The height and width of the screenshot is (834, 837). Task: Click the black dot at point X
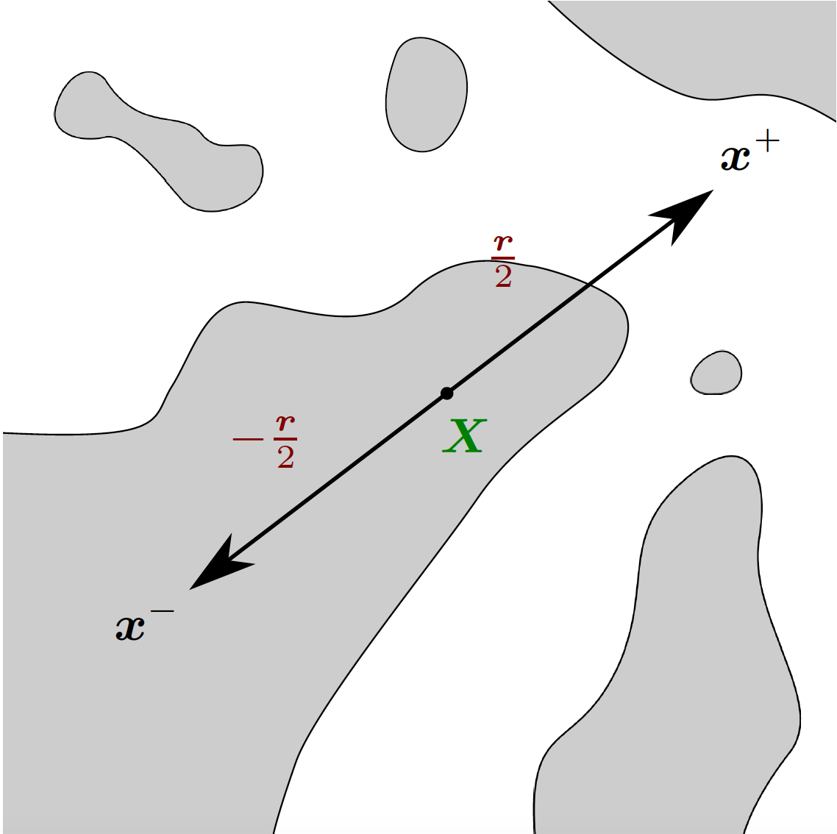[x=446, y=393]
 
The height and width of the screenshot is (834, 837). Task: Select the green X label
[x=465, y=435]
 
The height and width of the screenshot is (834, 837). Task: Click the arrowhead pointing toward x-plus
[x=684, y=213]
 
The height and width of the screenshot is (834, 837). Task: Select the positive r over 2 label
[x=503, y=261]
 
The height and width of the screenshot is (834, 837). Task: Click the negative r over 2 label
[x=265, y=442]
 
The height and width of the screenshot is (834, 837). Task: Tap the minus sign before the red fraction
[x=248, y=439]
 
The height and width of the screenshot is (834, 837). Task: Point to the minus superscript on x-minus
[x=163, y=611]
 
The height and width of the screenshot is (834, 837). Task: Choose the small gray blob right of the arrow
[x=716, y=373]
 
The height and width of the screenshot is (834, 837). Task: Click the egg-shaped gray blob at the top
[x=426, y=95]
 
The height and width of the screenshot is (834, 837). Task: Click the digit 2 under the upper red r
[x=503, y=277]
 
